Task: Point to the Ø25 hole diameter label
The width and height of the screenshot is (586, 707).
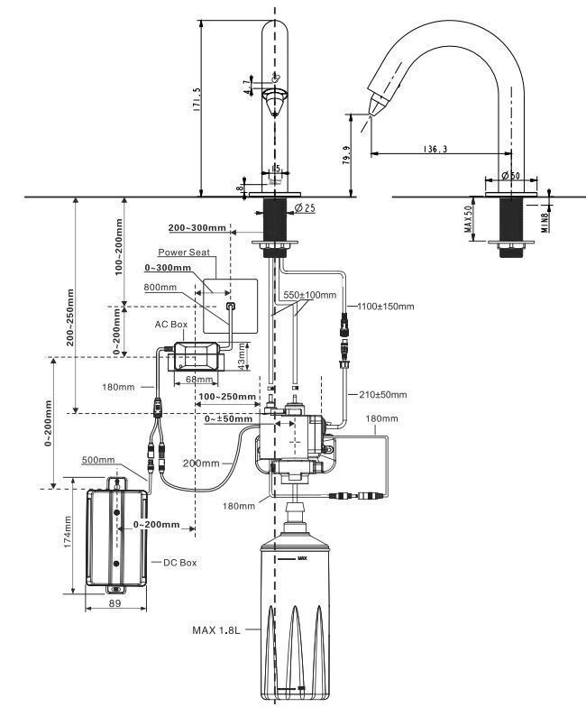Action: [x=306, y=209]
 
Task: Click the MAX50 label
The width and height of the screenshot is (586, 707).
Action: [x=469, y=220]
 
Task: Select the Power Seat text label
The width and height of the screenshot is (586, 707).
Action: [x=184, y=252]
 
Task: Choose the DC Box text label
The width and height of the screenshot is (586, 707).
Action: [x=179, y=562]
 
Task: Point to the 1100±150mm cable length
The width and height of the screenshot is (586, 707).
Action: [x=385, y=307]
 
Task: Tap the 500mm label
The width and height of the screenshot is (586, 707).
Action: [x=98, y=460]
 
